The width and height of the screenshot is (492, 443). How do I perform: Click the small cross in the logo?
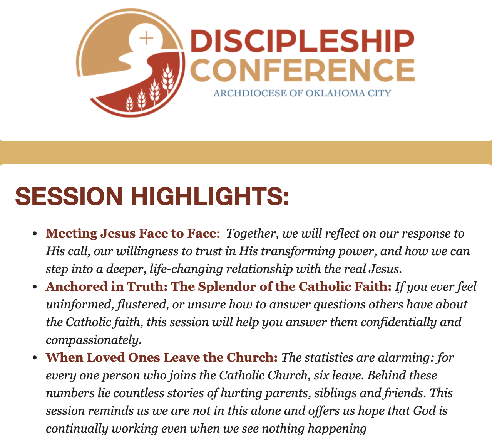click(x=146, y=38)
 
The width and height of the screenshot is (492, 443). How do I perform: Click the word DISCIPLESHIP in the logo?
click(x=303, y=41)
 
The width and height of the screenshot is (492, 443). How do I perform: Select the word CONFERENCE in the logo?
click(x=303, y=70)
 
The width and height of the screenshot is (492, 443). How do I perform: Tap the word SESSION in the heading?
click(x=69, y=196)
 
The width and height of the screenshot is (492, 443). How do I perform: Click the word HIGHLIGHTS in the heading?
click(x=210, y=196)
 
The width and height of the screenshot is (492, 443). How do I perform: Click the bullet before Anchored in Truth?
click(x=35, y=287)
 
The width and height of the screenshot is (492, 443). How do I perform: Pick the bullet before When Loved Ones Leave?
click(x=35, y=358)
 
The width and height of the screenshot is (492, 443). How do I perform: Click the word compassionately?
click(x=94, y=340)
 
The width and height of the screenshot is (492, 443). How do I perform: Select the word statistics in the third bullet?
click(x=329, y=357)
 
